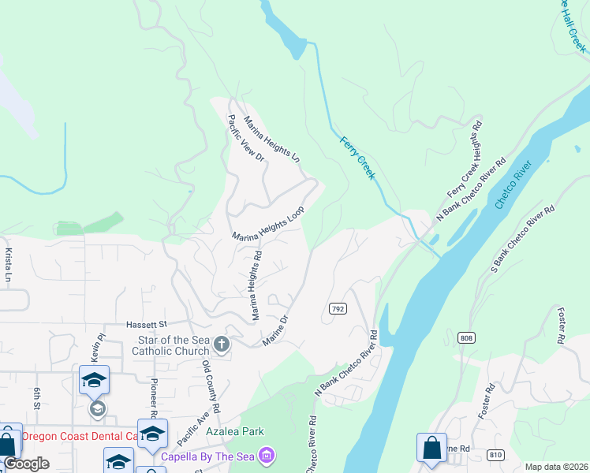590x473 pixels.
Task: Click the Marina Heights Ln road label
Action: pos(272,140)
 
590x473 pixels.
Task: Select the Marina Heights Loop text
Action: pos(268,225)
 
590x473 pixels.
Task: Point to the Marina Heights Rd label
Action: pos(256,285)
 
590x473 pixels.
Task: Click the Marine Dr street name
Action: pos(276,329)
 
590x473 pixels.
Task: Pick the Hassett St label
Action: pos(147,324)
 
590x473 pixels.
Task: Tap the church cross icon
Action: pos(222,345)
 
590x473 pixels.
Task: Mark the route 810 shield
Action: pos(495,455)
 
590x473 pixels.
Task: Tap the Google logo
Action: pos(26,464)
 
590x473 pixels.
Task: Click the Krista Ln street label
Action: pos(9,266)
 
